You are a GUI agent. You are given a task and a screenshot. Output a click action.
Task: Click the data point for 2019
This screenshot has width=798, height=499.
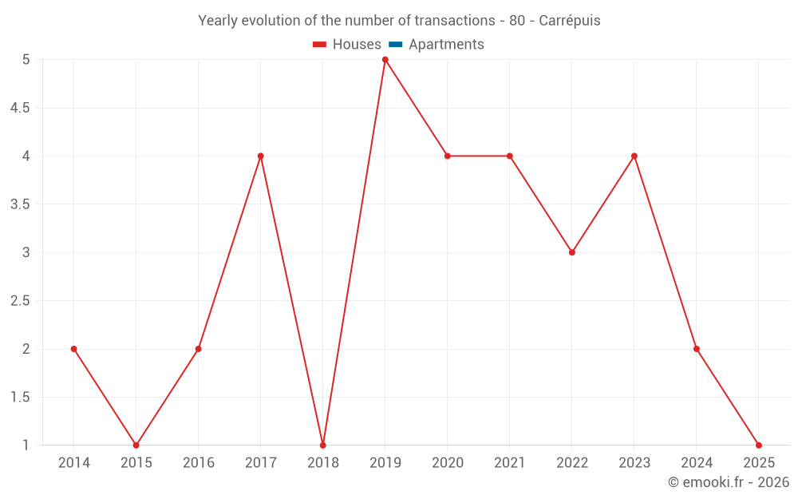coord(385,60)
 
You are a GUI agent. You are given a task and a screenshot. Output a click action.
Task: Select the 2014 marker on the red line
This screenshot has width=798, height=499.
coord(74,349)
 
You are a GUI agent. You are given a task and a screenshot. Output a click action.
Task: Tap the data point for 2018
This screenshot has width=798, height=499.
coord(323,446)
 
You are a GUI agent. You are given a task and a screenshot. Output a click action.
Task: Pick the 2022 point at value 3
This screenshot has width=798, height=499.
coord(572,252)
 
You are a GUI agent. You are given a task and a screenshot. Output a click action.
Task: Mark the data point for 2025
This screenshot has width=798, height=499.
coord(759,446)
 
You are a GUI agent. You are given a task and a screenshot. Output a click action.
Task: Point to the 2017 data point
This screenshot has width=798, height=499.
coord(261,156)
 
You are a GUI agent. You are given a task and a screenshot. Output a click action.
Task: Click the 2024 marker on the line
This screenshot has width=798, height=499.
coord(697,349)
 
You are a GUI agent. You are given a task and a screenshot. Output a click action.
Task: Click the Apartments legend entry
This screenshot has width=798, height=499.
coord(446,45)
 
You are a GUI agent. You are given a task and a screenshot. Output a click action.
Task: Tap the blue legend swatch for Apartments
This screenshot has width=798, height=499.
coord(396,45)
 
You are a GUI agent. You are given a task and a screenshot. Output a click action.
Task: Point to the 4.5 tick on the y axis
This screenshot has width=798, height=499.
coord(20,108)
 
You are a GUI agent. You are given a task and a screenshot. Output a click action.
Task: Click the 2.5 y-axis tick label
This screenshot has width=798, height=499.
coord(20,301)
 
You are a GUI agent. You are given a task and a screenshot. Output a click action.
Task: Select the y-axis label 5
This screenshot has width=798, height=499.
coord(26,60)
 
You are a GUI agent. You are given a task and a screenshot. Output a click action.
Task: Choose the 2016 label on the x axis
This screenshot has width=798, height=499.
coord(199,463)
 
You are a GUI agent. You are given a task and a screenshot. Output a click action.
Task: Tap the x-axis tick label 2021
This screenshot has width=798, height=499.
coord(510,463)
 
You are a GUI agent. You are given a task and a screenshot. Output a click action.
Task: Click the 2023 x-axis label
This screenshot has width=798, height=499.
coord(634,463)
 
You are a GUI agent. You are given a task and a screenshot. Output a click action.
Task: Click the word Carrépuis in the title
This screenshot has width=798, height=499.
coord(570,21)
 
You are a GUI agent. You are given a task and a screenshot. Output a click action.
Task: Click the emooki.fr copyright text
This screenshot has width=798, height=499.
coord(729,482)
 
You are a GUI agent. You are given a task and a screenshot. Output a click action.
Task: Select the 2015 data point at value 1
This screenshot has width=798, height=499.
coord(136,446)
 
